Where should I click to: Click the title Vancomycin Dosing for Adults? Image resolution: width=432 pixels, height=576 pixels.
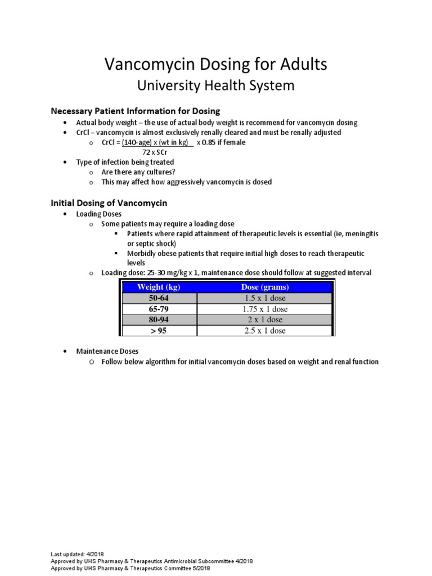click(216, 64)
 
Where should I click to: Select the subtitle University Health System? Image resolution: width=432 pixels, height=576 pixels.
click(216, 85)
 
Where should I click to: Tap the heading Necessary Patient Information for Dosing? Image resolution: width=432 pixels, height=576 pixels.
click(136, 111)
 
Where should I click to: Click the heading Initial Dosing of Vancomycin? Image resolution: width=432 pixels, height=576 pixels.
click(109, 202)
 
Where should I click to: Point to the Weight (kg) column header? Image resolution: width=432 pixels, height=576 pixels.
click(159, 287)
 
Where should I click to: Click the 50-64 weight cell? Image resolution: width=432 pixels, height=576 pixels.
click(159, 298)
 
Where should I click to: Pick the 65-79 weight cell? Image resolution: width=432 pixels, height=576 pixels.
click(159, 309)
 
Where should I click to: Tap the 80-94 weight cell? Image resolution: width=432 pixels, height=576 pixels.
click(159, 319)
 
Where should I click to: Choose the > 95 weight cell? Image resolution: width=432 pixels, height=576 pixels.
click(159, 331)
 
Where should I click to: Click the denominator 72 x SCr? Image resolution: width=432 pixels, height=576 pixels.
click(155, 152)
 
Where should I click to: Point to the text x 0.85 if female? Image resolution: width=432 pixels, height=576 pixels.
click(221, 142)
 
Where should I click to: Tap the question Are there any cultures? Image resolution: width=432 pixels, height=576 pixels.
click(134, 172)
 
